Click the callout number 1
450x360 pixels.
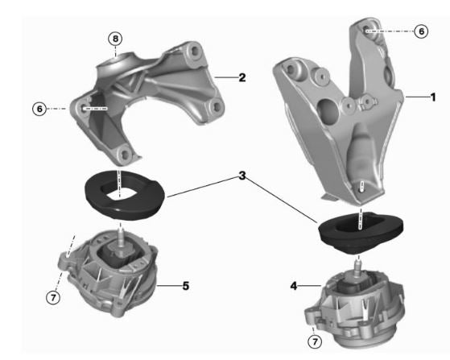(432, 97)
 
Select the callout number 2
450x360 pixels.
(242, 78)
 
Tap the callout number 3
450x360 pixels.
(241, 176)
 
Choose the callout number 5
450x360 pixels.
(185, 285)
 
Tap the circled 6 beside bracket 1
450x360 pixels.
(420, 31)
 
